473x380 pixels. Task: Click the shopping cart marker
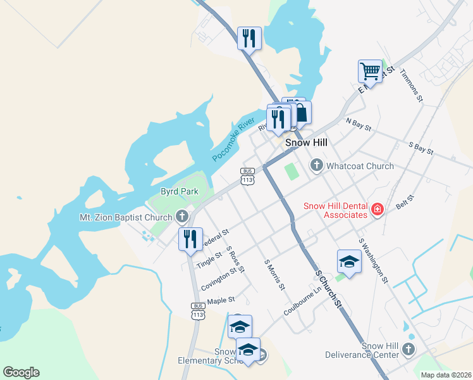(x=370, y=70)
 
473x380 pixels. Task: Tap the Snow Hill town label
(x=306, y=143)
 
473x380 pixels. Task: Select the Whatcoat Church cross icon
(x=316, y=166)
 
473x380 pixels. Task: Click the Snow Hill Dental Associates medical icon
(x=378, y=209)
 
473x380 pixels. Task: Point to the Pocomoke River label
(x=233, y=139)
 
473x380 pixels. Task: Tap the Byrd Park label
(x=180, y=191)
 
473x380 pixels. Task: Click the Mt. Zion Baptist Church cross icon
(x=182, y=217)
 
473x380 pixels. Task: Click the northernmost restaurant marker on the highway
(x=249, y=38)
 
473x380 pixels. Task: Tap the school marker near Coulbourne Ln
(x=349, y=261)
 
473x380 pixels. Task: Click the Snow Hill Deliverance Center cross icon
(x=408, y=350)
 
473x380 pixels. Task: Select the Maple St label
(x=221, y=300)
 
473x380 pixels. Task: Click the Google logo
(x=21, y=372)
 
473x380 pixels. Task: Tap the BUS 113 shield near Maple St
(x=198, y=310)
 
